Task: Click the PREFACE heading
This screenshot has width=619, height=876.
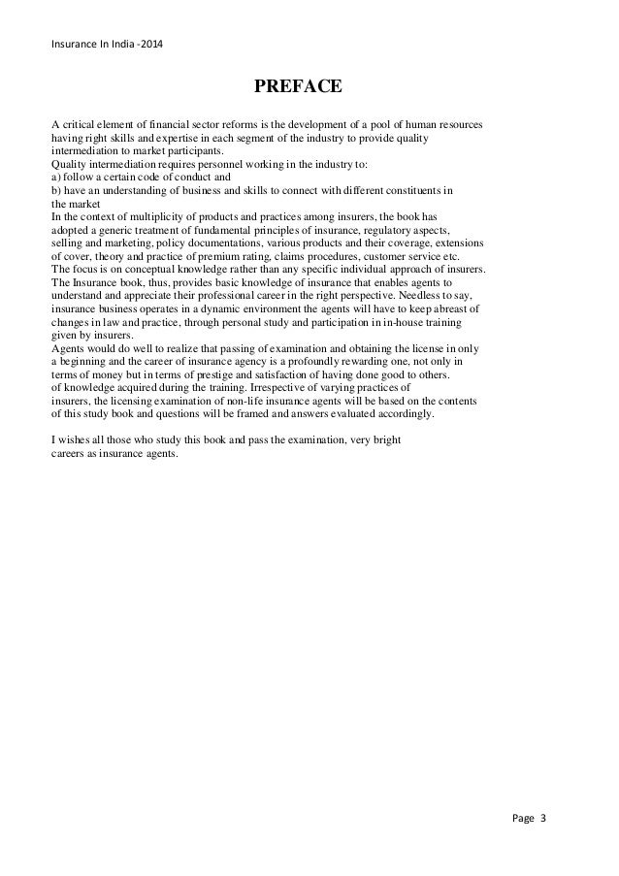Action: coord(297,87)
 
